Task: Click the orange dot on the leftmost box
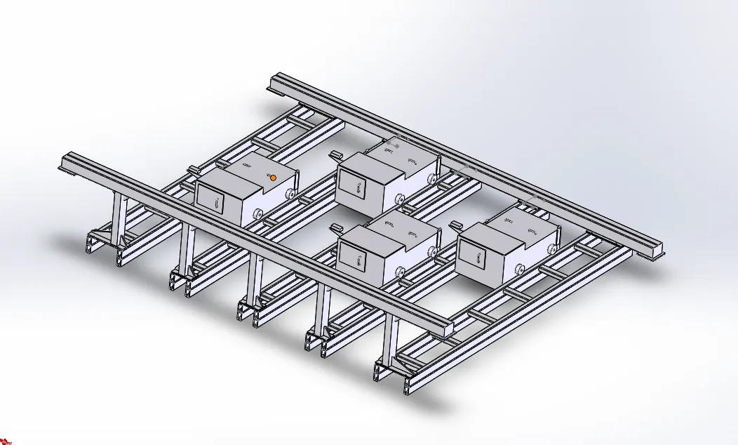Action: click(x=273, y=178)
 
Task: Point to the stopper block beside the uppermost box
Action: click(x=335, y=154)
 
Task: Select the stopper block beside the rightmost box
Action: click(x=456, y=225)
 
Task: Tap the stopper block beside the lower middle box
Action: click(x=335, y=227)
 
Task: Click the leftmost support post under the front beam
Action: click(x=118, y=218)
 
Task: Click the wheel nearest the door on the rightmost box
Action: click(x=521, y=269)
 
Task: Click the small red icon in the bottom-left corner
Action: click(x=6, y=440)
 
